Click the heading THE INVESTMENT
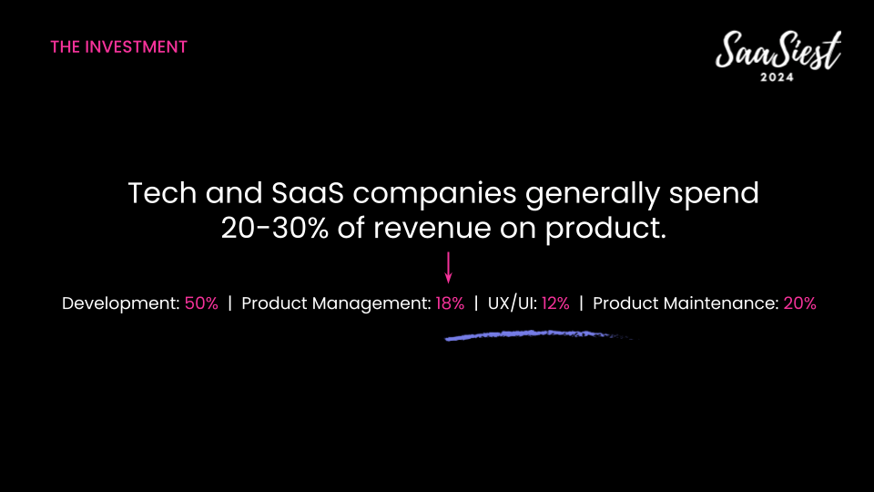[118, 46]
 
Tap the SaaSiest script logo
[778, 50]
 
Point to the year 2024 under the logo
[777, 77]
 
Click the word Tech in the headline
[162, 193]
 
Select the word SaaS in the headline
[307, 193]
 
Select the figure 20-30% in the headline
[275, 228]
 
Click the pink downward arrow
[448, 268]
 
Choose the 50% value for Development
[201, 303]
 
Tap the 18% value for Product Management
[450, 303]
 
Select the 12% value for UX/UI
[555, 303]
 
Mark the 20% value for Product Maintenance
[800, 303]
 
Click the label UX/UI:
[513, 303]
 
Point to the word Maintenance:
[721, 303]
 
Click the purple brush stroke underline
[538, 334]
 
